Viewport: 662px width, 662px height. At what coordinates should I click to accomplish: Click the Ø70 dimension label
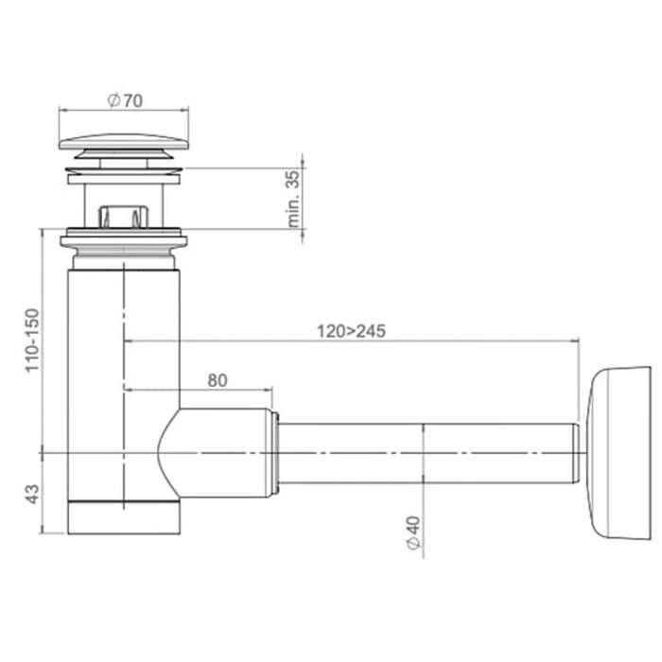pos(125,100)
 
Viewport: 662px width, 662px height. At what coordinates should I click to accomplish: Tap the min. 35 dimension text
pos(294,199)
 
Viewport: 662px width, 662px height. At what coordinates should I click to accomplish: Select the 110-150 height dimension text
pos(32,340)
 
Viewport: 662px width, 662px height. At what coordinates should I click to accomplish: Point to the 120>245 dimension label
pos(351,331)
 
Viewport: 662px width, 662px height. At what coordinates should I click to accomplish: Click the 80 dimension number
pos(218,381)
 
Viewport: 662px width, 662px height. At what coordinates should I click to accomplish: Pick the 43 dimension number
pos(32,494)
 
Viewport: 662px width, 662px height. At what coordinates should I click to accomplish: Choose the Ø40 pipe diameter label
pos(414,532)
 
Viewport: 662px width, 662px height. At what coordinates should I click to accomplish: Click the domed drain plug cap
pos(124,142)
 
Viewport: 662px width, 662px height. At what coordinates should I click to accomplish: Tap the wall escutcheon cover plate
pos(618,453)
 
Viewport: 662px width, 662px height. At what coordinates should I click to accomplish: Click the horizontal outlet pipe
pos(427,453)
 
